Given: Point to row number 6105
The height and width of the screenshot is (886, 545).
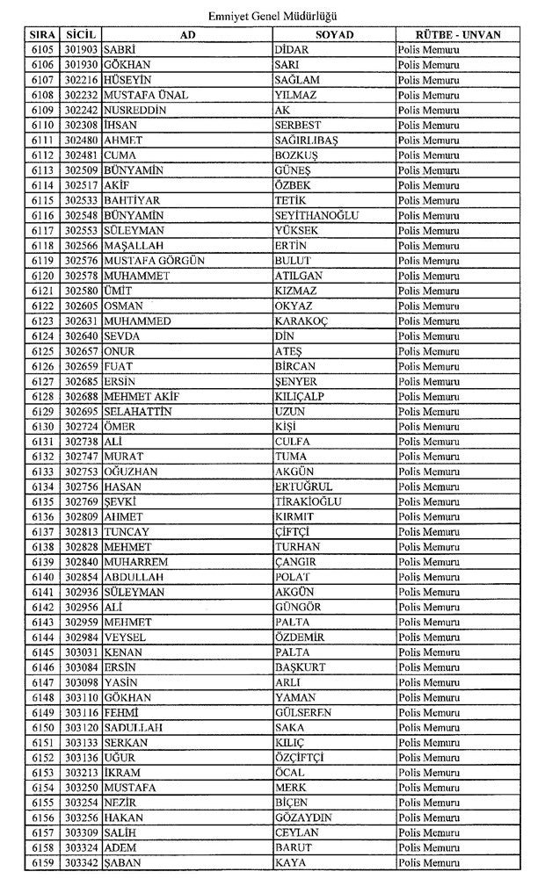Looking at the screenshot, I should pyautogui.click(x=42, y=49).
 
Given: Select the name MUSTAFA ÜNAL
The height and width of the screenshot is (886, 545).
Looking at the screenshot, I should pyautogui.click(x=145, y=95).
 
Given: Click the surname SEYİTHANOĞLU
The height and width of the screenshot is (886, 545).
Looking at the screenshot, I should pyautogui.click(x=316, y=216).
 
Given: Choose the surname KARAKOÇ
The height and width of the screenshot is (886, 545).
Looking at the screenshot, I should pyautogui.click(x=300, y=321).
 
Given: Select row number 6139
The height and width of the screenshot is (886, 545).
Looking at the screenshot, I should pyautogui.click(x=42, y=562).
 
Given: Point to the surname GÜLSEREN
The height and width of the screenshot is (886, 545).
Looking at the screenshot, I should pyautogui.click(x=302, y=712).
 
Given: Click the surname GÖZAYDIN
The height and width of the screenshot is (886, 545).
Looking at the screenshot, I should pyautogui.click(x=303, y=818).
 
